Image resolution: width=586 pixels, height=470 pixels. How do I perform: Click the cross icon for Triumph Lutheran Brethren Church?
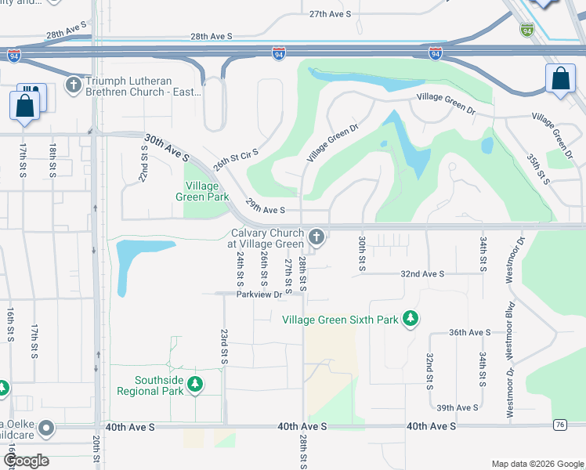coord(74,84)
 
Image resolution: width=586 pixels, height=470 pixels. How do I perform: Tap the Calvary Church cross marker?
coord(317,236)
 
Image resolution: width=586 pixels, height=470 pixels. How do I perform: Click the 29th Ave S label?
coord(265,207)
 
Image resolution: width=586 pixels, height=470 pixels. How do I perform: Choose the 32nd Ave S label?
coord(422,274)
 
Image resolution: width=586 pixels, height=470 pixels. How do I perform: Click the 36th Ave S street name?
coord(469,332)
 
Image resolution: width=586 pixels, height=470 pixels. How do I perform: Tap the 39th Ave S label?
coord(458,408)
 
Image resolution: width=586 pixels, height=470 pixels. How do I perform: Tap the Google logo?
coord(26,461)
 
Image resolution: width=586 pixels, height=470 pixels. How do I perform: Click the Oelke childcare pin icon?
coord(46,428)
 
